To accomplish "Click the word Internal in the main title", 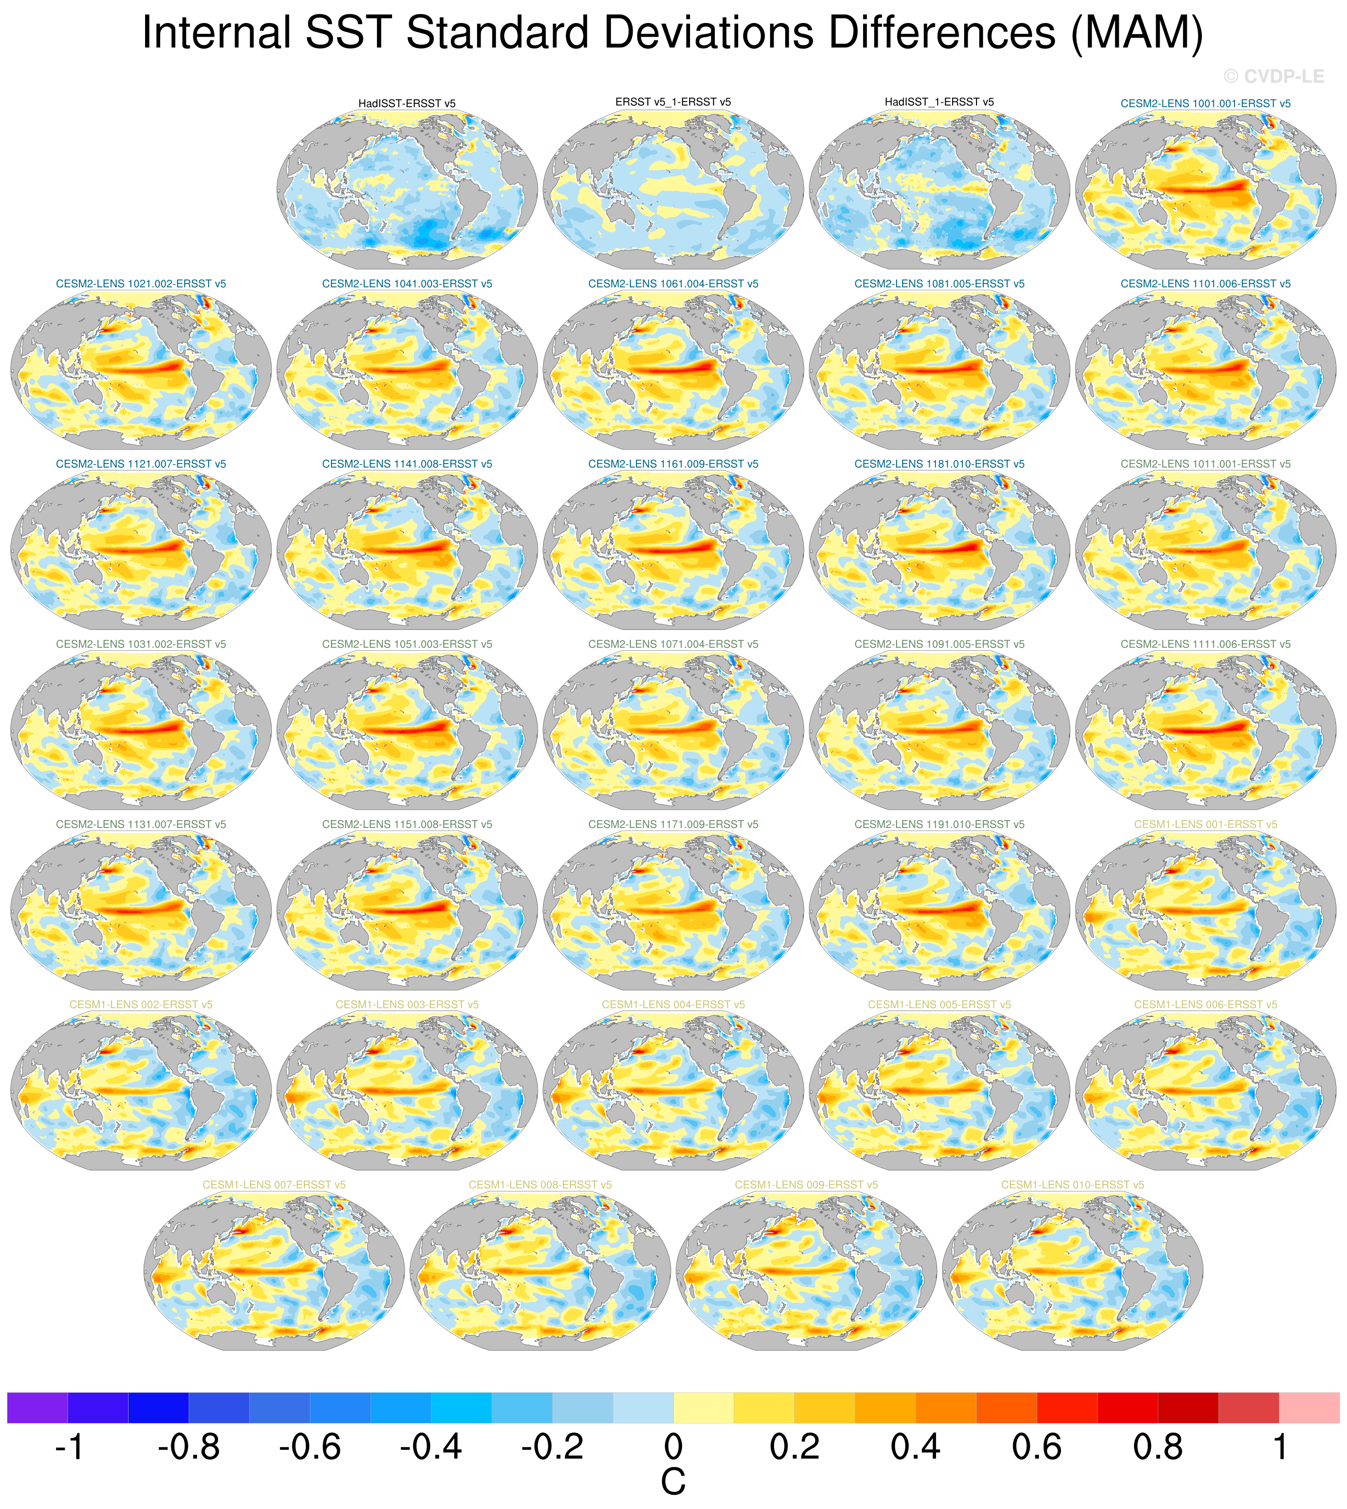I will coord(216,34).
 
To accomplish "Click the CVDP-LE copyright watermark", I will coord(1273,76).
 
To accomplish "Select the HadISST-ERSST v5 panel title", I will coord(407,104).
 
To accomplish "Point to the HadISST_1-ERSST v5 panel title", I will coord(939,102).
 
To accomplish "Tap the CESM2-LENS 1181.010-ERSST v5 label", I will coord(939,464).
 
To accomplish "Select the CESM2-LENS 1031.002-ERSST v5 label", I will coord(140,644).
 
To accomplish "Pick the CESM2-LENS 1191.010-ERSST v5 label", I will coord(939,824).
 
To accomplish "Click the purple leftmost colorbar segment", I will coord(37,1408).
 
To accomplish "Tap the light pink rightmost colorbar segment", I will coord(1308,1408).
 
